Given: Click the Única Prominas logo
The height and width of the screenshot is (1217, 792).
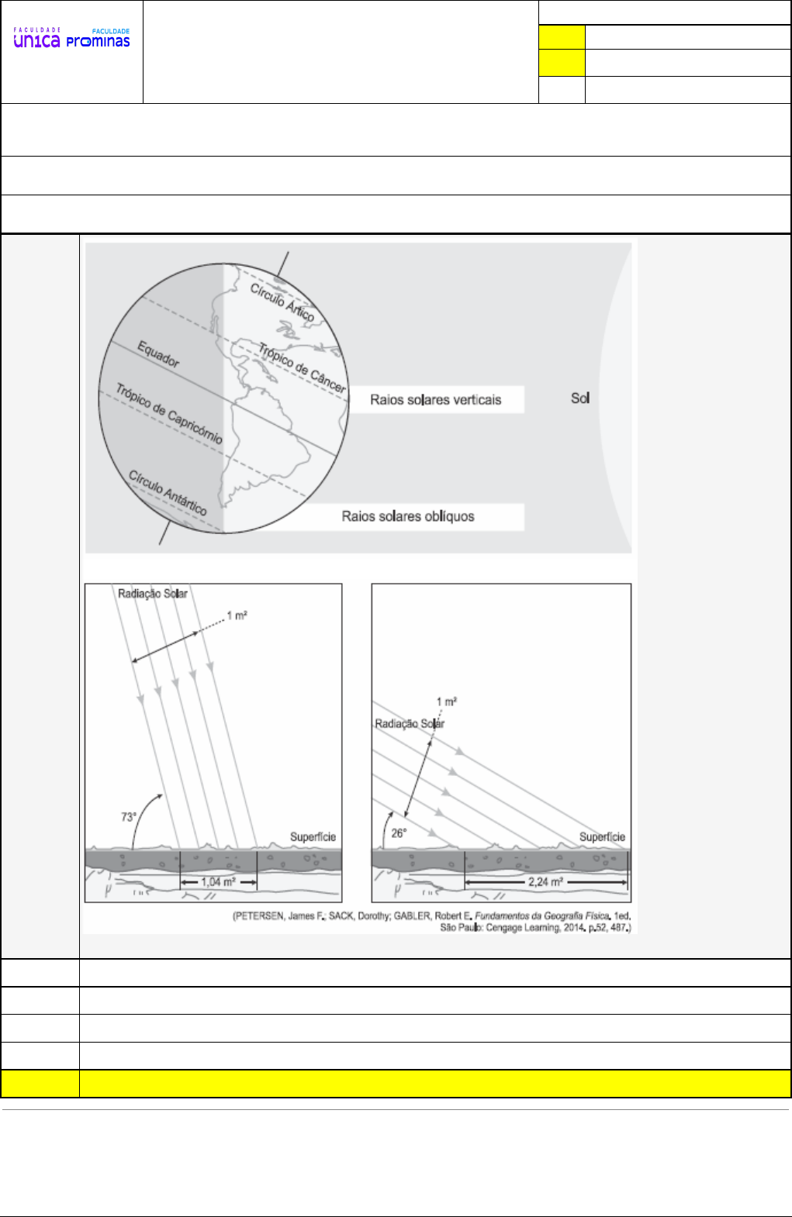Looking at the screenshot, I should pos(71,39).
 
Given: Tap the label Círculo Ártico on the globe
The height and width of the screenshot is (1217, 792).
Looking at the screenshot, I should pos(282,302).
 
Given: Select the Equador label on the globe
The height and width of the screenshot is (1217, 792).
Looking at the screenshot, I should pos(158,353).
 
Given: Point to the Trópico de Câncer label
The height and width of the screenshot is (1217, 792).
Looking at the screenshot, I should pos(303,367).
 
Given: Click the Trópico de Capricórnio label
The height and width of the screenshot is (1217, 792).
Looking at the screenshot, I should pos(169,413).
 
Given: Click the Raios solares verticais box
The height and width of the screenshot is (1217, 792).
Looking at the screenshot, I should pos(436,400).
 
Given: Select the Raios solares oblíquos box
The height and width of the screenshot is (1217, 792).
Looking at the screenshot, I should pos(408,516).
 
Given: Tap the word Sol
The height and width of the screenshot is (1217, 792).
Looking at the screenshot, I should pos(580,398).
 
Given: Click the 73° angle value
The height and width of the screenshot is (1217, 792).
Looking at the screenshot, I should pos(129,817).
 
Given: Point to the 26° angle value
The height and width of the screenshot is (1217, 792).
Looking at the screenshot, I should pos(399,833).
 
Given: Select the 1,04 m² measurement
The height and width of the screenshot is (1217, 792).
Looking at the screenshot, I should pos(218,882).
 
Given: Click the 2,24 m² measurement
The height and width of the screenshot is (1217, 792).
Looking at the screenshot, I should pos(545,882).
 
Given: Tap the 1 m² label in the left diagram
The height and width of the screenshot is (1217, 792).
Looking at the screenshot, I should pos(237,615).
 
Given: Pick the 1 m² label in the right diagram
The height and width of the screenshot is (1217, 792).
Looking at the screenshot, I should pos(446,702).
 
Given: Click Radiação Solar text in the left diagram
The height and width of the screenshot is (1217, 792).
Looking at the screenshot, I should pos(153,594).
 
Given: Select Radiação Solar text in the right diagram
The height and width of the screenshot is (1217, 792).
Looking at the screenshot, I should pos(410,723).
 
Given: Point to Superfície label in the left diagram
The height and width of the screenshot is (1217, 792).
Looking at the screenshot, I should pos(313,837).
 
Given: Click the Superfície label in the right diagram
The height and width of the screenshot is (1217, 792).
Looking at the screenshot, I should pos(602,837).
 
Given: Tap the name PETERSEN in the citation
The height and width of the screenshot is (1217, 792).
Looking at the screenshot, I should pos(259,916).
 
